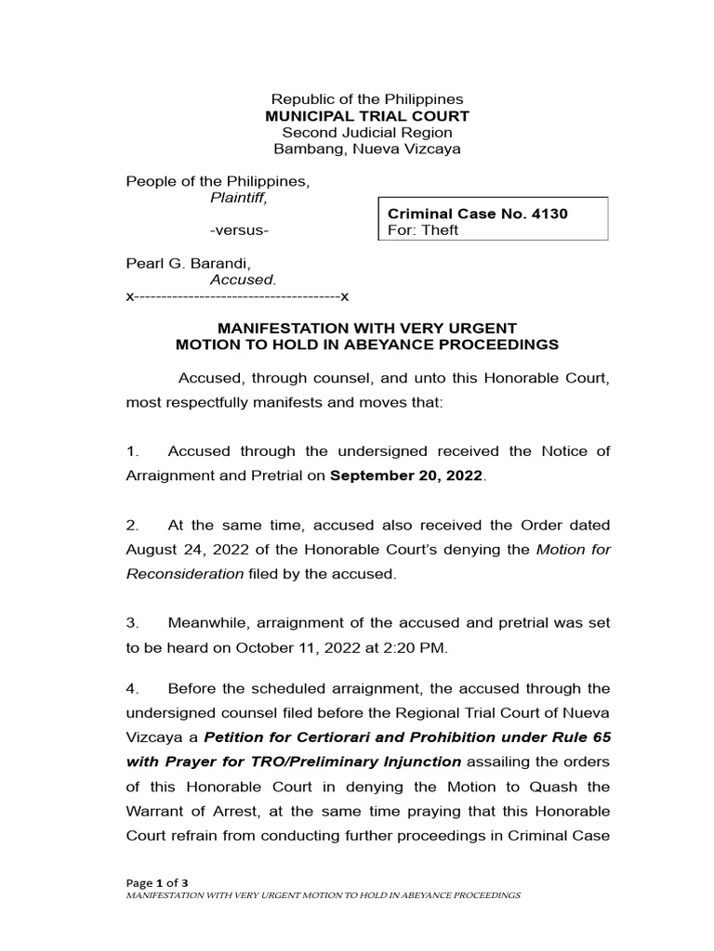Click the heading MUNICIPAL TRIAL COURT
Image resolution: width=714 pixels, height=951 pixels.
pos(367,116)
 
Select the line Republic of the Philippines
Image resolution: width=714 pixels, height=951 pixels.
pos(367,99)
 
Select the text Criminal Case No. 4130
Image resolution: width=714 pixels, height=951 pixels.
pos(477,214)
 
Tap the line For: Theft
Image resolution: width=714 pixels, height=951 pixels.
pos(423,230)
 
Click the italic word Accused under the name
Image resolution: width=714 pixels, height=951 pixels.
pos(243,280)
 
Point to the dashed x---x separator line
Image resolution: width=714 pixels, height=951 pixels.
pos(237,296)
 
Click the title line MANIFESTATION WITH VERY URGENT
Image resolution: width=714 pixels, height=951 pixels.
pos(366,328)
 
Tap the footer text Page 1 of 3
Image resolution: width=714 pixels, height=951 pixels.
pos(157,881)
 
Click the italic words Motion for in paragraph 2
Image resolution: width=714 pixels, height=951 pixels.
pos(574,550)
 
